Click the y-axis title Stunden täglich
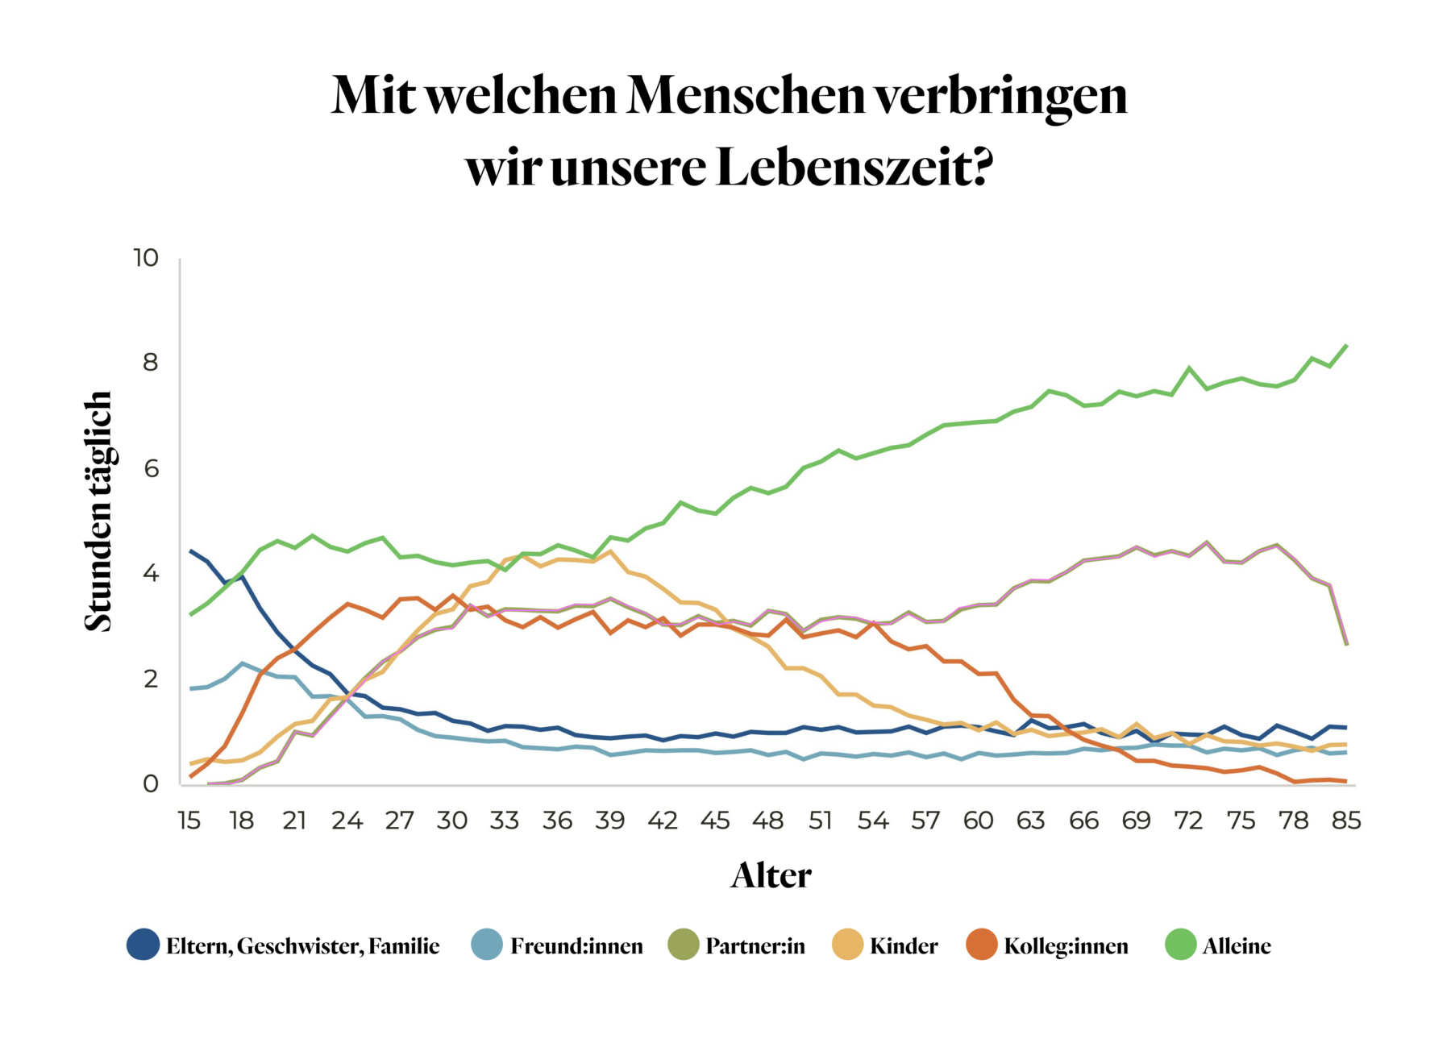tap(98, 511)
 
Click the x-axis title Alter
tap(771, 875)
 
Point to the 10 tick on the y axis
tap(146, 258)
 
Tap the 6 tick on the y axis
tap(151, 468)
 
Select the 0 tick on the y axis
tap(151, 783)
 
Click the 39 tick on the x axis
tap(610, 820)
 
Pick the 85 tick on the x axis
tap(1346, 820)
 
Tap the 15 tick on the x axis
tap(189, 820)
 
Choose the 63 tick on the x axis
tap(1031, 820)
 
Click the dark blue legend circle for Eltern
tap(143, 945)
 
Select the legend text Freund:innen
tap(576, 945)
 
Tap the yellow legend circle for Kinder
tap(847, 945)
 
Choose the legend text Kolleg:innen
tap(1066, 945)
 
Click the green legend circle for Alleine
tap(1181, 945)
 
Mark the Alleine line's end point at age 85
tap(1346, 346)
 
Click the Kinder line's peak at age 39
tap(610, 551)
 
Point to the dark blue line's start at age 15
tap(190, 551)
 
